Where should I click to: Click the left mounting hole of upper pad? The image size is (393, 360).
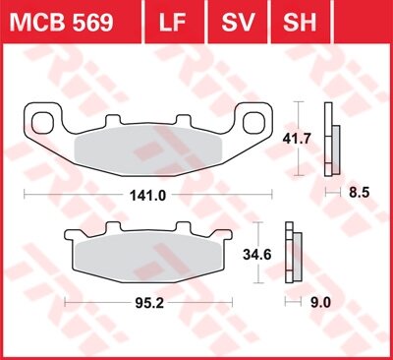coord(45,122)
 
